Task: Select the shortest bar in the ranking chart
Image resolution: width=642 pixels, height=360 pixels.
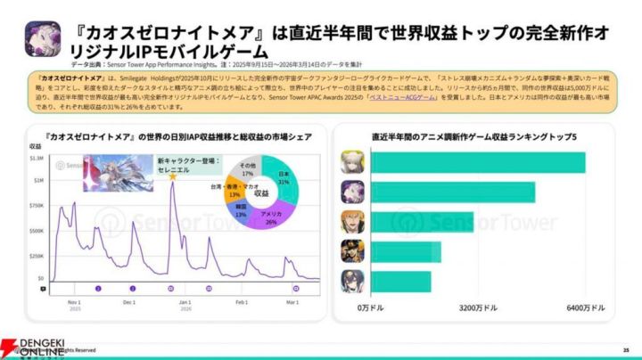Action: [400, 282]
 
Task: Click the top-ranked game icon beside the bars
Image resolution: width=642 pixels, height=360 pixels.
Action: [351, 162]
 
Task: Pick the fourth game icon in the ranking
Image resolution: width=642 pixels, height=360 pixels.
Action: [351, 252]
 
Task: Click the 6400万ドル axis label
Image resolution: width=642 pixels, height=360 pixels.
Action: [585, 307]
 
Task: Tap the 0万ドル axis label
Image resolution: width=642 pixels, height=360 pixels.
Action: [369, 307]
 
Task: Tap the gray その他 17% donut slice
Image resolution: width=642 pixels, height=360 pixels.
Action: [247, 168]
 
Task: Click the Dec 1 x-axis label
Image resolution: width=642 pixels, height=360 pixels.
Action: [130, 302]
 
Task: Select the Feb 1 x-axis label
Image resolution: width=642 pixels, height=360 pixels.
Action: [241, 302]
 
